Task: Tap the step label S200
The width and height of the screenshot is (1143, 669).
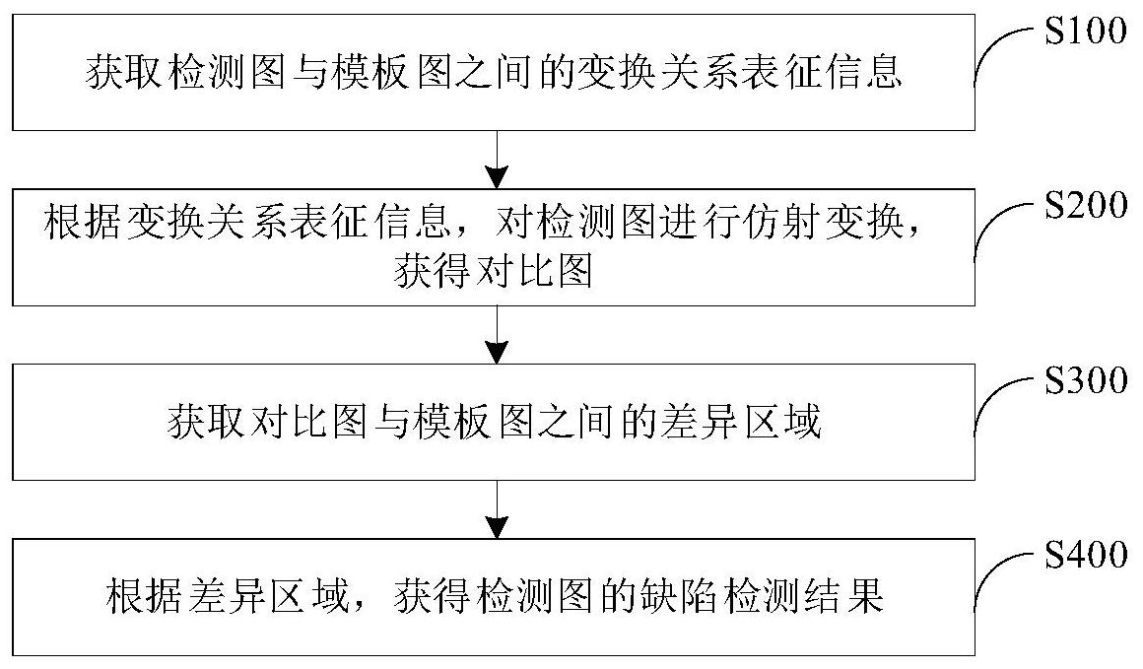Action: [1086, 206]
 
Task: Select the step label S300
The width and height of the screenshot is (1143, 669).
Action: [1086, 380]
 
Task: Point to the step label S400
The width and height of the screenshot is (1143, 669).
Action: [1086, 556]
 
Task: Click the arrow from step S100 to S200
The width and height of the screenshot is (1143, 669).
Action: [497, 160]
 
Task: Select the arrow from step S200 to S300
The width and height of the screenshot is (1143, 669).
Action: [497, 335]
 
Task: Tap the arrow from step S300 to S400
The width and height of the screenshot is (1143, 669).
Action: [497, 509]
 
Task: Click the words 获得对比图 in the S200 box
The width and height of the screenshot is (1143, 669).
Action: [494, 272]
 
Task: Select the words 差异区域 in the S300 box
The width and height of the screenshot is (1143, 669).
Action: [741, 422]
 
